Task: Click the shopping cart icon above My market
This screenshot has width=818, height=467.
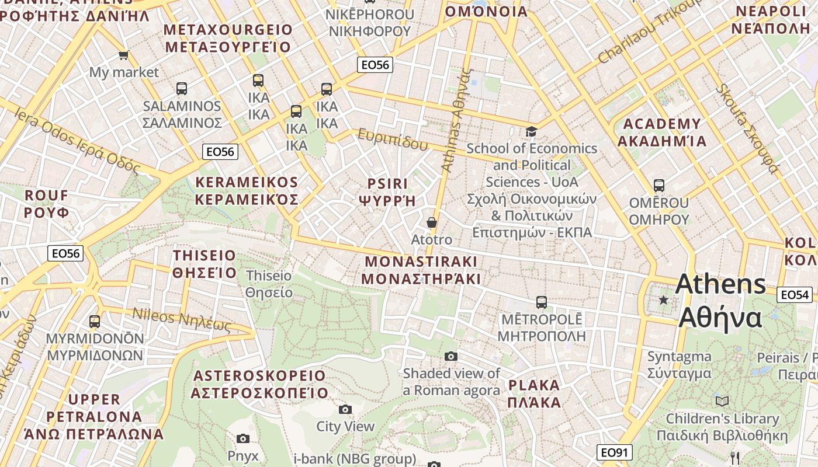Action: [x=123, y=55]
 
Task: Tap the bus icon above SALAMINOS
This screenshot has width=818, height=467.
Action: [x=182, y=89]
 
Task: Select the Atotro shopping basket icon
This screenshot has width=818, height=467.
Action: [x=431, y=222]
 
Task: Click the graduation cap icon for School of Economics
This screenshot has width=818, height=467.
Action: [x=531, y=131]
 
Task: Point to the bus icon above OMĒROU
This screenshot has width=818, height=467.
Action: [x=659, y=186]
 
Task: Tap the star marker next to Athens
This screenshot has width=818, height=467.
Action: [x=663, y=300]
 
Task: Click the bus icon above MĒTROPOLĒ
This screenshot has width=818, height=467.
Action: [x=542, y=302]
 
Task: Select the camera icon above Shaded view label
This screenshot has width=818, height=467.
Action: [x=450, y=356]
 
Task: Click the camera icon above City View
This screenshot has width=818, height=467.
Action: [x=345, y=409]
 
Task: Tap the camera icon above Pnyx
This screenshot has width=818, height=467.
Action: [x=243, y=438]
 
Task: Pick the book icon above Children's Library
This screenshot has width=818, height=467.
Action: [x=722, y=401]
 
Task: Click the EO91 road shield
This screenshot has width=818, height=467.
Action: [x=615, y=452]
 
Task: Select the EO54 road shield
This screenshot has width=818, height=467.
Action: [x=795, y=295]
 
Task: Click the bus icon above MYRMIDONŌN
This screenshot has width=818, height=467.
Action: [x=95, y=321]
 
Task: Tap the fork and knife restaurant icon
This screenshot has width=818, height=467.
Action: [x=735, y=458]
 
